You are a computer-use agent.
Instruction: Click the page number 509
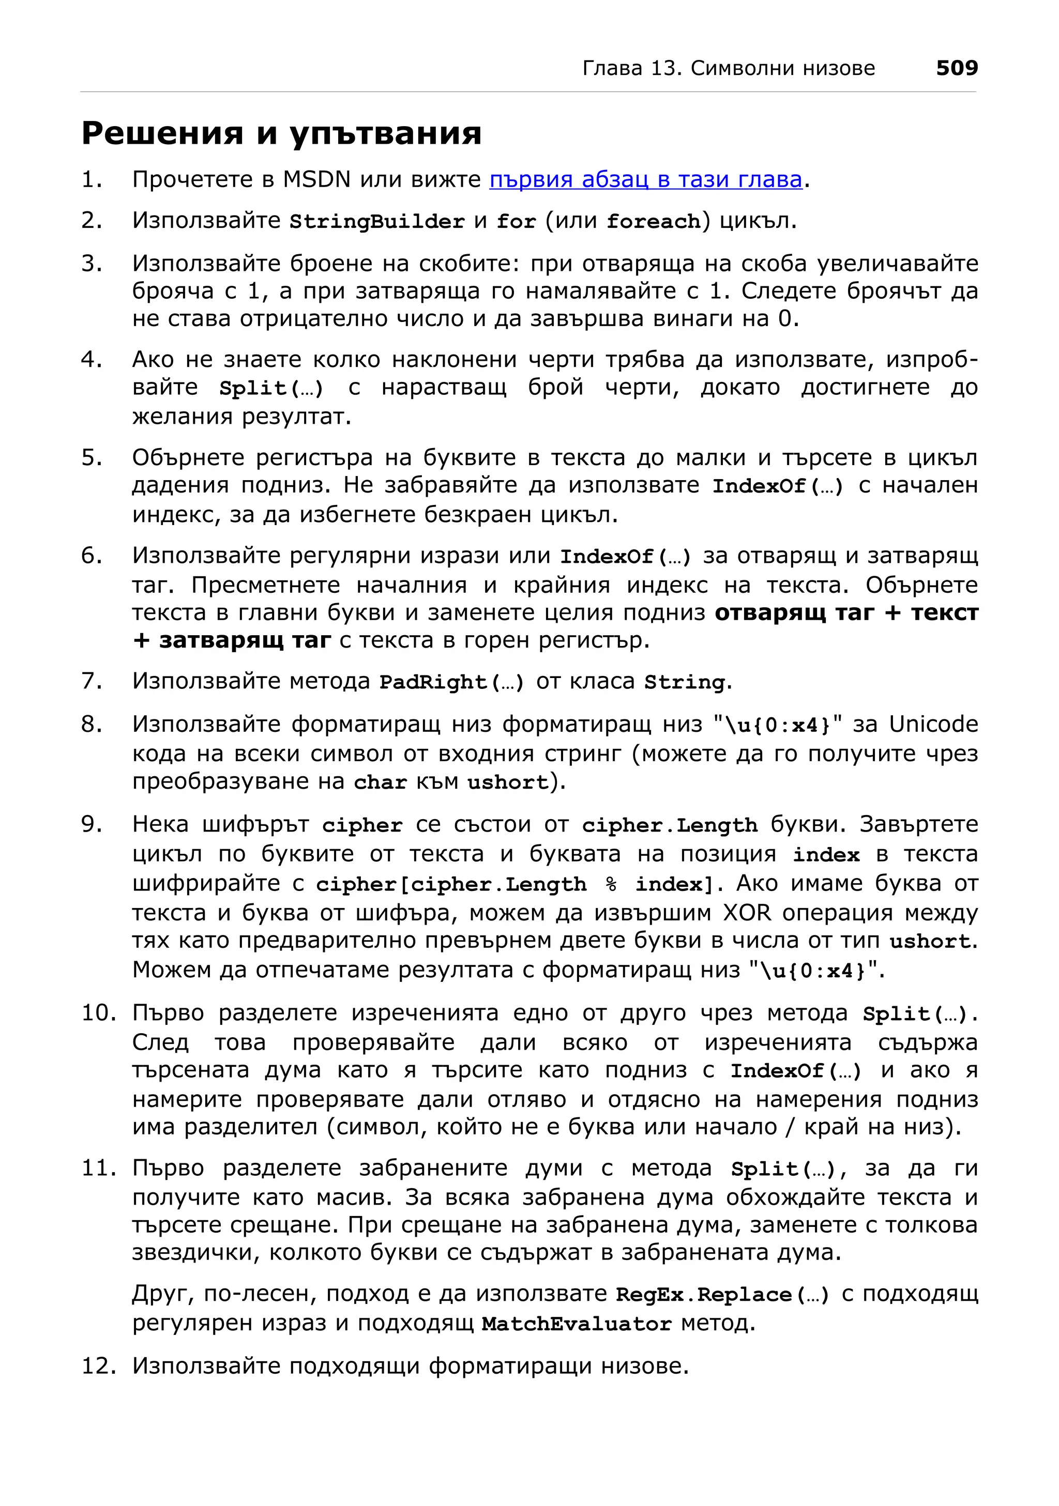956,68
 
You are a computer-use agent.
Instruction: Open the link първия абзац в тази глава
646,179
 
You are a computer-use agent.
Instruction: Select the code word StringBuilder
376,222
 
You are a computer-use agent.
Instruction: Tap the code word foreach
653,222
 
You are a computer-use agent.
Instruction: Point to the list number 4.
91,360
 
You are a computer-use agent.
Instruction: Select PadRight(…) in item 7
451,682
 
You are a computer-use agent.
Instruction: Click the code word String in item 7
684,682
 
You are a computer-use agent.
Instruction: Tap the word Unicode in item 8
933,724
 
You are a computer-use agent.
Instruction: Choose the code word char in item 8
380,782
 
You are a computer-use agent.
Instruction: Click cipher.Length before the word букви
669,825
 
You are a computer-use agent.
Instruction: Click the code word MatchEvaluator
577,1324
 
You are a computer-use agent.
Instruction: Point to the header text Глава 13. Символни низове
728,68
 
